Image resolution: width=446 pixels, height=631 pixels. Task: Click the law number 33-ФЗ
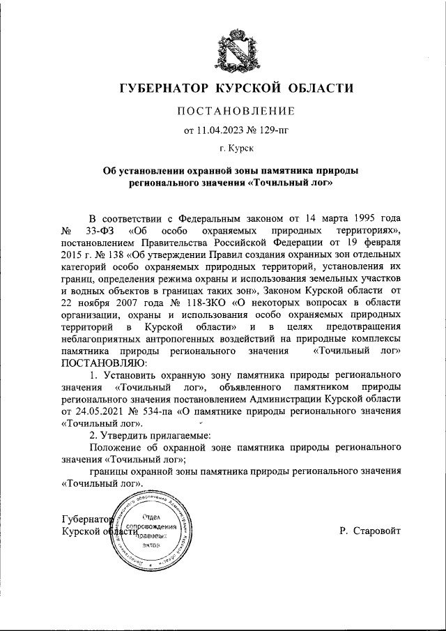pos(100,229)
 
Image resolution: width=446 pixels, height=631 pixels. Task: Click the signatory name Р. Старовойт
pos(370,531)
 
